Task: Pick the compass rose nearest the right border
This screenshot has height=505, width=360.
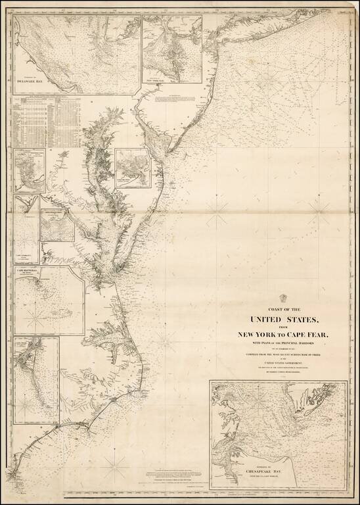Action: [319, 206]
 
